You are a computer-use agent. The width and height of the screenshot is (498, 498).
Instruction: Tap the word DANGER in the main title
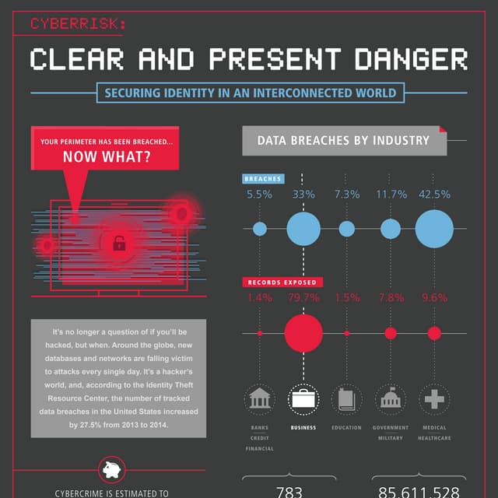click(x=406, y=59)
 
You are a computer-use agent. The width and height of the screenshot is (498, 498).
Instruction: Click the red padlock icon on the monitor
click(x=118, y=243)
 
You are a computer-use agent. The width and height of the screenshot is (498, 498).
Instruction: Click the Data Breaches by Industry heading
click(x=343, y=141)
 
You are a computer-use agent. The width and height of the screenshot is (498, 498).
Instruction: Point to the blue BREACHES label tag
click(x=262, y=179)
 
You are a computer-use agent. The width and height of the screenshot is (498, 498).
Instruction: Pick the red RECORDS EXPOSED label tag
click(x=282, y=282)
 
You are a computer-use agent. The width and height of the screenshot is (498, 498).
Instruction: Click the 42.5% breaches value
click(x=434, y=195)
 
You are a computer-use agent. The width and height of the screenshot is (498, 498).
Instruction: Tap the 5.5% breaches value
click(x=259, y=195)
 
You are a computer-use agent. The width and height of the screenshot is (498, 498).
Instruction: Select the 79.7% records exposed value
click(x=303, y=297)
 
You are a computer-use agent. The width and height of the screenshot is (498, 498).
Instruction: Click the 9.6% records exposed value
click(x=434, y=297)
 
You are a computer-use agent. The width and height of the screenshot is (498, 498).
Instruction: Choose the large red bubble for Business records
click(x=303, y=333)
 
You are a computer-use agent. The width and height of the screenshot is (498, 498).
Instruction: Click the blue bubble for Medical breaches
click(x=434, y=229)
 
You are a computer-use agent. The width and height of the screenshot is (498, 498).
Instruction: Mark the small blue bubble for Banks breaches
click(x=260, y=229)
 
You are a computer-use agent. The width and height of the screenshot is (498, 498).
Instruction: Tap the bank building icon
click(x=259, y=400)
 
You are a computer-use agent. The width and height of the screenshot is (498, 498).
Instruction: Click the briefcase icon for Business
click(x=303, y=400)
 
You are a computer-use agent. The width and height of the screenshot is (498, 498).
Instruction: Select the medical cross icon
click(x=434, y=400)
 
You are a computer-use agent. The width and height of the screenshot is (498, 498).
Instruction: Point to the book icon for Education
click(x=346, y=400)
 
